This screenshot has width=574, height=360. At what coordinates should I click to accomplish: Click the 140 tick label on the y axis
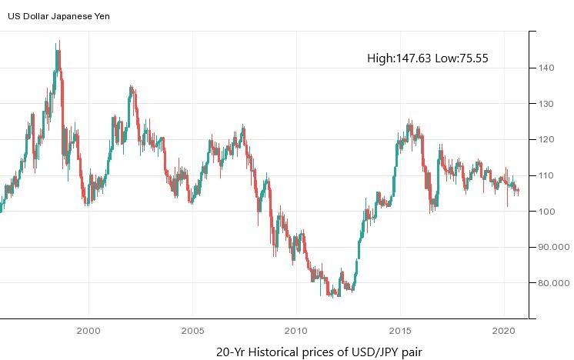point(546,68)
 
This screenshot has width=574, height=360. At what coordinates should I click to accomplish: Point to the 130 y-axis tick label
point(546,104)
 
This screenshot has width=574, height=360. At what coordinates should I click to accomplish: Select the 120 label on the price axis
point(546,139)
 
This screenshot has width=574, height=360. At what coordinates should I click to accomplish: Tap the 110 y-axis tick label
point(546,175)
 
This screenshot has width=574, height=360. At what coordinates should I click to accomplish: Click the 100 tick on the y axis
point(546,212)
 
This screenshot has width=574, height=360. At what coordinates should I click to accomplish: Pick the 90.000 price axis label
point(553,247)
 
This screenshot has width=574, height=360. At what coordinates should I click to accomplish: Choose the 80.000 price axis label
point(553,283)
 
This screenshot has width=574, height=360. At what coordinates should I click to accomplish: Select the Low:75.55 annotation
point(462,58)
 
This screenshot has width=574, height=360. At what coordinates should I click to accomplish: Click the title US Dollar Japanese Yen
point(58,15)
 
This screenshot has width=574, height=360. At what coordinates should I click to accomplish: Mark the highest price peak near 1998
point(58,42)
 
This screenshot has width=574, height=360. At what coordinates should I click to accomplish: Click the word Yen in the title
point(102,15)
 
